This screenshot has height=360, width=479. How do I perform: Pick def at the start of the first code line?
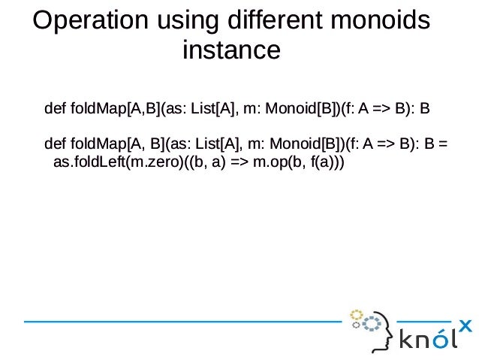[x=55, y=109]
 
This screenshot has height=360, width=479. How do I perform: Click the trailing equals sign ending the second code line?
[x=444, y=143]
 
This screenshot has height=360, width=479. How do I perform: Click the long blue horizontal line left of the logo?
[x=180, y=321]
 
